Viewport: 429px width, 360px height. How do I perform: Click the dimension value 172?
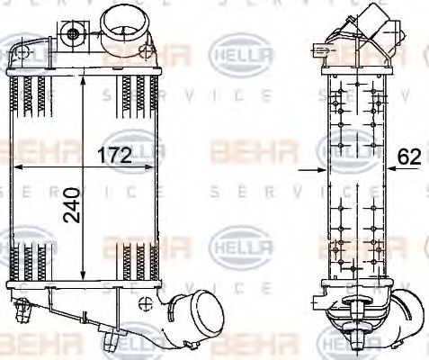tap(114, 155)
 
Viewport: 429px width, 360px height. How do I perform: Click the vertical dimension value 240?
tap(71, 205)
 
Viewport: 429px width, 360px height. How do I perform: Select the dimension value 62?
tap(409, 157)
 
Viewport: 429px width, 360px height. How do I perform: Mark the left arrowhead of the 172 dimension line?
tap(13, 168)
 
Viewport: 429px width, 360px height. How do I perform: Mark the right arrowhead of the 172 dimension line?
tap(156, 168)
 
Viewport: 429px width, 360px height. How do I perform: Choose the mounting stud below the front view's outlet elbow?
tap(111, 340)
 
